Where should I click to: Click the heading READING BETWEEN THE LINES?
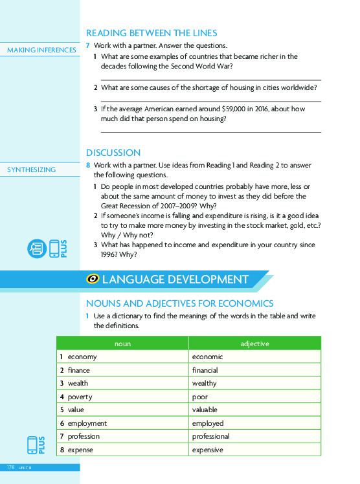pos(152,33)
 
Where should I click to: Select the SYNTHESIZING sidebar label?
pos(31,170)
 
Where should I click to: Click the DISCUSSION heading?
pos(113,153)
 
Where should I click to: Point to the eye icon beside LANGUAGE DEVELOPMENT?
pos(93,280)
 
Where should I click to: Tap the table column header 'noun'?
pos(122,344)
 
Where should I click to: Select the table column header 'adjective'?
pos(254,344)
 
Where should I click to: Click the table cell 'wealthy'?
pos(205,383)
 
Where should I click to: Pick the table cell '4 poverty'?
pos(76,397)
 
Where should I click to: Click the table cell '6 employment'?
pos(83,423)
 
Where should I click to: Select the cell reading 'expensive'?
pos(208,450)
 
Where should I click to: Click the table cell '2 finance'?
pos(74,370)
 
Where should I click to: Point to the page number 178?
pos(11,467)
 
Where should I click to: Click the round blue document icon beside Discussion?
pos(36,249)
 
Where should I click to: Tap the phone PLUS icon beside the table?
pos(36,446)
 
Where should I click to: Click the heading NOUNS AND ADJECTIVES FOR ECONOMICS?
pos(180,303)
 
